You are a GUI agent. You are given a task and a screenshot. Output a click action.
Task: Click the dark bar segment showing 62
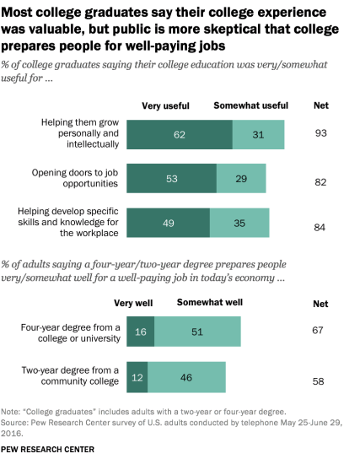[x=180, y=135]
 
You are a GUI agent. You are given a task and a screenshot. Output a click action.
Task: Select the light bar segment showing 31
[x=258, y=135]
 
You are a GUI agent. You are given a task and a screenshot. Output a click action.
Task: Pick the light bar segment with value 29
[x=240, y=179]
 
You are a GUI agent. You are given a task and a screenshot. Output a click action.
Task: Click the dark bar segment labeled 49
[x=168, y=223]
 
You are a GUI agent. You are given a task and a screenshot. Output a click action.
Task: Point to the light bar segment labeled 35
[x=239, y=223]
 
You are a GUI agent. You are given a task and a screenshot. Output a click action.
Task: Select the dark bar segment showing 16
[x=140, y=333]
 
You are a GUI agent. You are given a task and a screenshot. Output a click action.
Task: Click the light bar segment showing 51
[x=197, y=333]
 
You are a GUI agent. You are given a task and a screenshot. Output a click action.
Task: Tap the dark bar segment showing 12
[x=137, y=376]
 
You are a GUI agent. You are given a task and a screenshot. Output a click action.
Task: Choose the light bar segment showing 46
[x=187, y=376]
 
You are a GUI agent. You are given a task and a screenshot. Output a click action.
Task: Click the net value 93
[x=320, y=134]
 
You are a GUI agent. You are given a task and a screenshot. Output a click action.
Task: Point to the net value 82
[x=320, y=182]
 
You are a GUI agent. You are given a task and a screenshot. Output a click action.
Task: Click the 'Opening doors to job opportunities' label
[x=80, y=176]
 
